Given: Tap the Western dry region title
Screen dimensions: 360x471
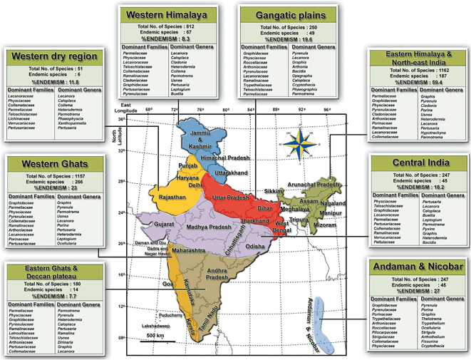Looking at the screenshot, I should pyautogui.click(x=48, y=56).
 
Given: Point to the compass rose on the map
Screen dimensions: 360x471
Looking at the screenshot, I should pyautogui.click(x=295, y=143).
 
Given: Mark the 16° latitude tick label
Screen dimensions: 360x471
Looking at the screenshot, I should pyautogui.click(x=122, y=274).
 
